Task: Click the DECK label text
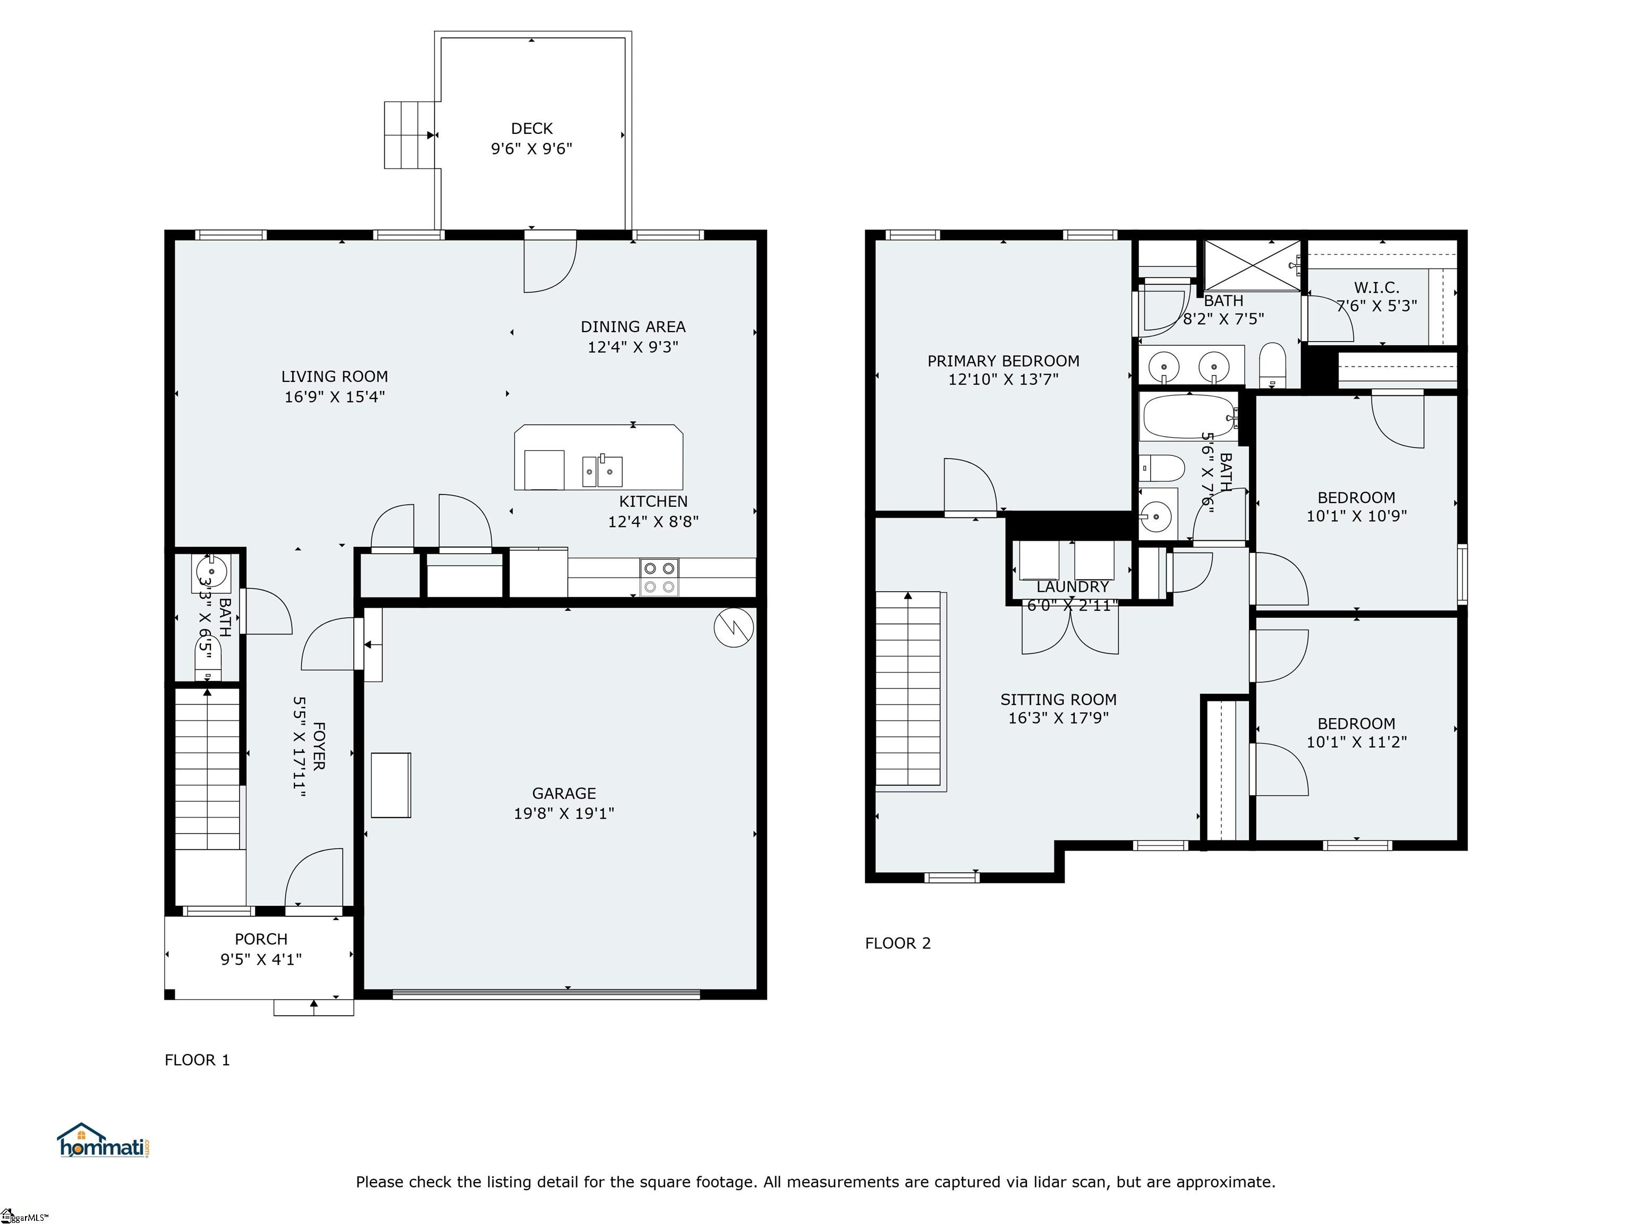531,129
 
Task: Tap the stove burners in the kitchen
659,577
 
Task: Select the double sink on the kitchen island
602,470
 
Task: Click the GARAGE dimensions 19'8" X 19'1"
564,813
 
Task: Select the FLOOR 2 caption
897,943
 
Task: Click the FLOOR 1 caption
197,1059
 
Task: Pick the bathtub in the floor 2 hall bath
1188,417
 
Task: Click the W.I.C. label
1376,288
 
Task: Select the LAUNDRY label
1072,586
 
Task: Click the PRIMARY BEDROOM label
1002,361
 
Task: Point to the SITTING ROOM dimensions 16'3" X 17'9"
1058,717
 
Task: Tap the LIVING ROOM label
334,376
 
